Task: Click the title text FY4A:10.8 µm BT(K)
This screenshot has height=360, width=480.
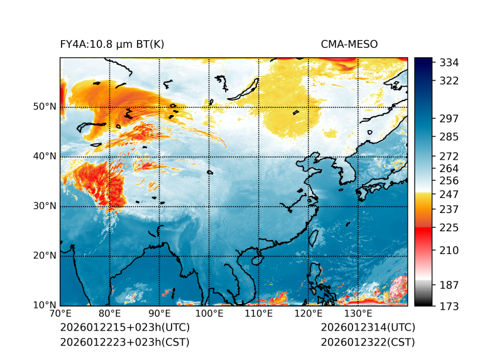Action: point(112,44)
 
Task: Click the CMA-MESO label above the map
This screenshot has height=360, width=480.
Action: point(349,44)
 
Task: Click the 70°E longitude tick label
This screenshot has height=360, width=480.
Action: point(60,314)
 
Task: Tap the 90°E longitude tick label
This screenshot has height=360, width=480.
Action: point(160,314)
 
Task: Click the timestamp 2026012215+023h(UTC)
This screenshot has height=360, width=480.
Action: point(124,327)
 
